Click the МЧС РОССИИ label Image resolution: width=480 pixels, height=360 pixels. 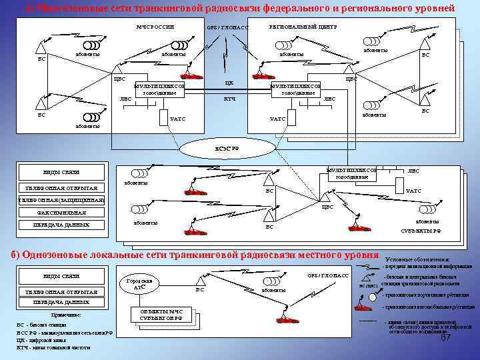pos(155,27)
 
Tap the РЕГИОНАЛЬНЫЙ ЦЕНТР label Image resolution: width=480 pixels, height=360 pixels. pos(303,27)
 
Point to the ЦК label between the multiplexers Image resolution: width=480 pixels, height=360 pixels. pos(229,83)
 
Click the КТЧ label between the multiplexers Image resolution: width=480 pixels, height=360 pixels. pos(229,99)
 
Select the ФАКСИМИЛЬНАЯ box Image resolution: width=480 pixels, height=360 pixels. pos(61,213)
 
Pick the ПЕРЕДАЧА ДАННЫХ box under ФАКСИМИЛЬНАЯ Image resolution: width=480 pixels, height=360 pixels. pos(61,225)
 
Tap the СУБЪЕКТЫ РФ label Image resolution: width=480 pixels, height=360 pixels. pos(421,231)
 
